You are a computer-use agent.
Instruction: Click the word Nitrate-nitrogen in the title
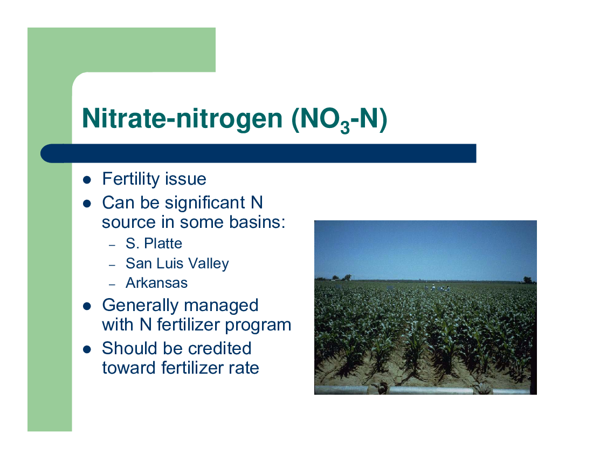pyautogui.click(x=182, y=119)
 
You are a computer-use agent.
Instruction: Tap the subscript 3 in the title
pyautogui.click(x=344, y=127)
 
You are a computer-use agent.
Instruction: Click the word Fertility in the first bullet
pyautogui.click(x=131, y=179)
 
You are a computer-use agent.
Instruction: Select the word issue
pyautogui.click(x=185, y=179)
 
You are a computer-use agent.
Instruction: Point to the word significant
pyautogui.click(x=205, y=203)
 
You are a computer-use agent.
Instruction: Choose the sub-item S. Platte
pyautogui.click(x=154, y=244)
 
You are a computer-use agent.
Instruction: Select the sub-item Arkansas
pyautogui.click(x=156, y=283)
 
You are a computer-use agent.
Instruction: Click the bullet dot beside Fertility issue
pyautogui.click(x=87, y=179)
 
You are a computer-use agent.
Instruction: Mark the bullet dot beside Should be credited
pyautogui.click(x=87, y=349)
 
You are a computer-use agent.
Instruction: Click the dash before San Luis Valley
pyautogui.click(x=112, y=265)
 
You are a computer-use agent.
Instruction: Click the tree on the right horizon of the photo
pyautogui.click(x=528, y=280)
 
